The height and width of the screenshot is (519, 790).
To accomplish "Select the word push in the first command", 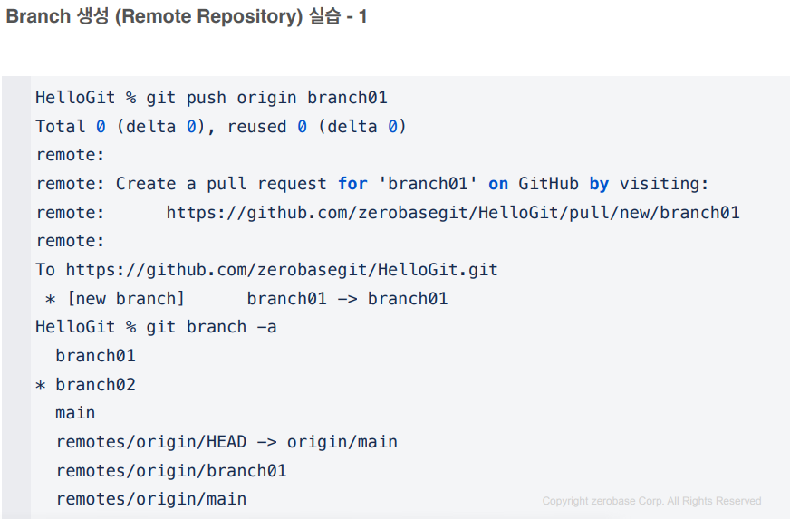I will pos(207,98).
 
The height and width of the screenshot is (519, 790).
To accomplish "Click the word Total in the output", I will pos(61,127).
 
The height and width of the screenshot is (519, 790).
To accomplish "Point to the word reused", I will pos(257,127).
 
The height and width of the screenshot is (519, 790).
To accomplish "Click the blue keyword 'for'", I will pos(352,184).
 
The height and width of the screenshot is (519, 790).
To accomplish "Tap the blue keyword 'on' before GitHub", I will pos(498,184).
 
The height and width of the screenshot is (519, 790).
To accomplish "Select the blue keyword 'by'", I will pos(599,184).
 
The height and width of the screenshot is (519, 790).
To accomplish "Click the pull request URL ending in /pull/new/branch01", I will pos(453,213).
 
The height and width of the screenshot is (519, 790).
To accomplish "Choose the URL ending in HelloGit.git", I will pos(282,270).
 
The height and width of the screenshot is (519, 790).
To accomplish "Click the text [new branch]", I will pos(126,299).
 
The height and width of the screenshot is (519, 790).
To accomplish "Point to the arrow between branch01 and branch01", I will pos(347,299).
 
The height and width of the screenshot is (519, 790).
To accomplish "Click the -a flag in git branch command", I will pos(267,327).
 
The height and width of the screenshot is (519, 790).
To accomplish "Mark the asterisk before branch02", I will pos(41,385).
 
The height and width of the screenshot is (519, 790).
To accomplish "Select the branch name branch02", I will pos(95,385).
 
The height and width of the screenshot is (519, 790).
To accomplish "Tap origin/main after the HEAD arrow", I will pos(342,442).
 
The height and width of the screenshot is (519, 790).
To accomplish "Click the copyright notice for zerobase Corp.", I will pos(651,501).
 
